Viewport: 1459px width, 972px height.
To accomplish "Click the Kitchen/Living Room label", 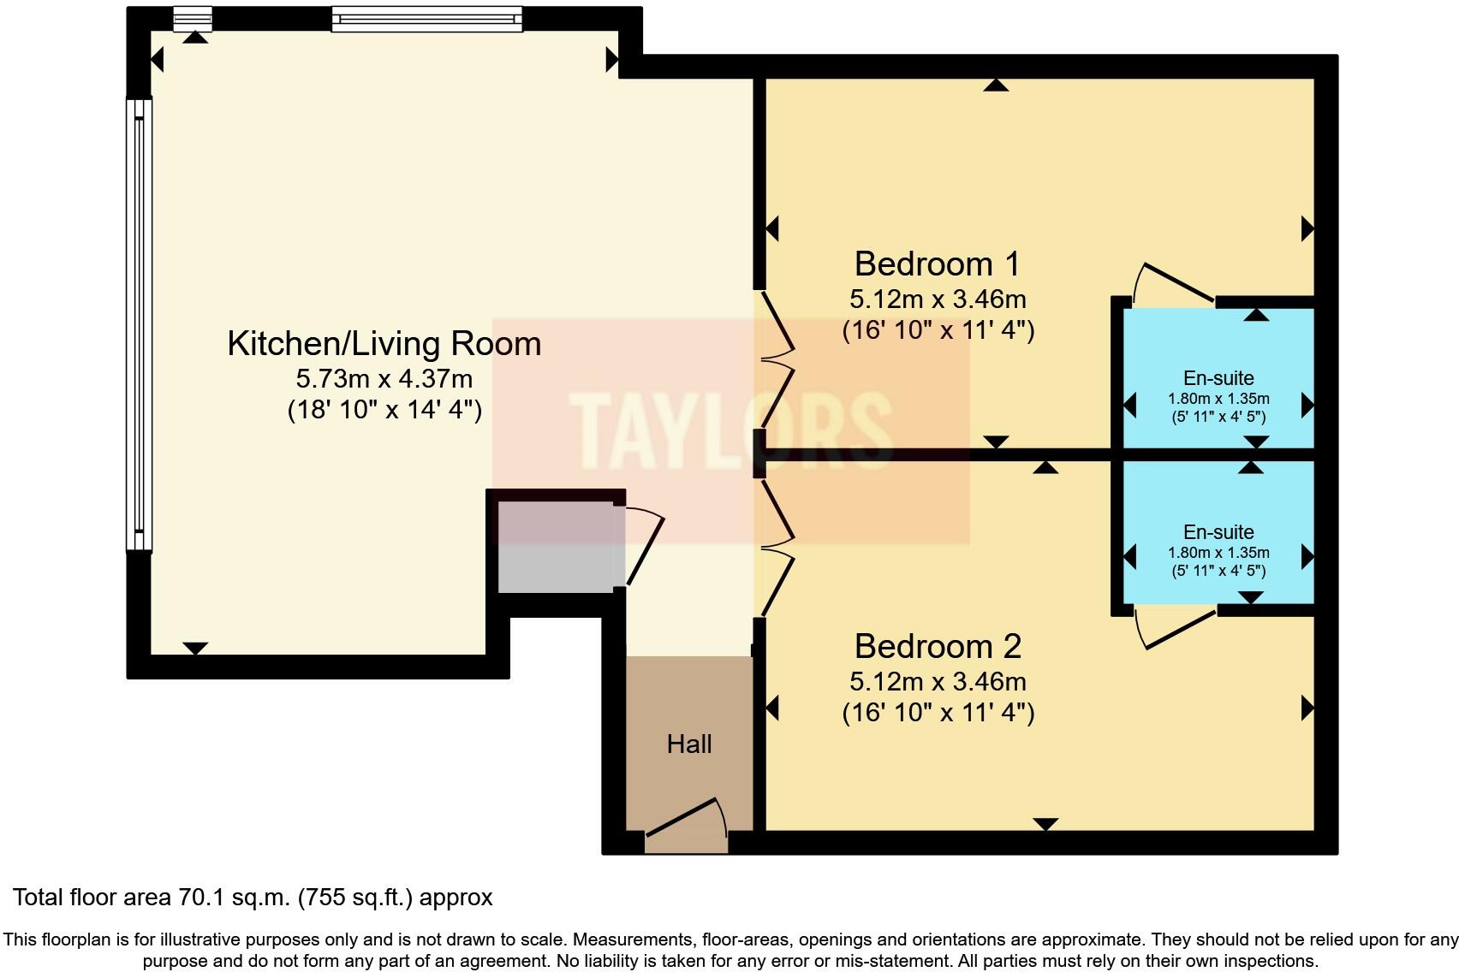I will click(x=384, y=344).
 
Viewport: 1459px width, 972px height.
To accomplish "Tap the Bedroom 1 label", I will click(x=938, y=264).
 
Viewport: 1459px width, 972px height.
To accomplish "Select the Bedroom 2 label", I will click(x=938, y=647).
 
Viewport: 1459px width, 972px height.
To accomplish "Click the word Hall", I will click(x=689, y=744).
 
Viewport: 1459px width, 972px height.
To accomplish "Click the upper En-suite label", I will click(x=1218, y=378).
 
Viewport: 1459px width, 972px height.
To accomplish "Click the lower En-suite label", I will click(x=1218, y=532).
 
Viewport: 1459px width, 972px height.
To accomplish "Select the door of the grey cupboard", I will click(x=644, y=548).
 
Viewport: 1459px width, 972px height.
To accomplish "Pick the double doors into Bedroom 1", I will click(x=776, y=359).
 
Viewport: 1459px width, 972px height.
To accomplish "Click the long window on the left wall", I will click(x=139, y=325).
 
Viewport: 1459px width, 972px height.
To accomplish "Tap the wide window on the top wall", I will click(x=426, y=19).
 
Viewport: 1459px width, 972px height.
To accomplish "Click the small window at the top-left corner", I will click(x=193, y=18).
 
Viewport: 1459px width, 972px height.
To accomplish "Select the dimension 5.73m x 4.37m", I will click(x=384, y=378).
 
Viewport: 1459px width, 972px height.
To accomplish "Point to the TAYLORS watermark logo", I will click(x=730, y=430).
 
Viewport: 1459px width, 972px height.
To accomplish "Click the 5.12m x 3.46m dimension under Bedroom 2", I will click(x=938, y=682).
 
